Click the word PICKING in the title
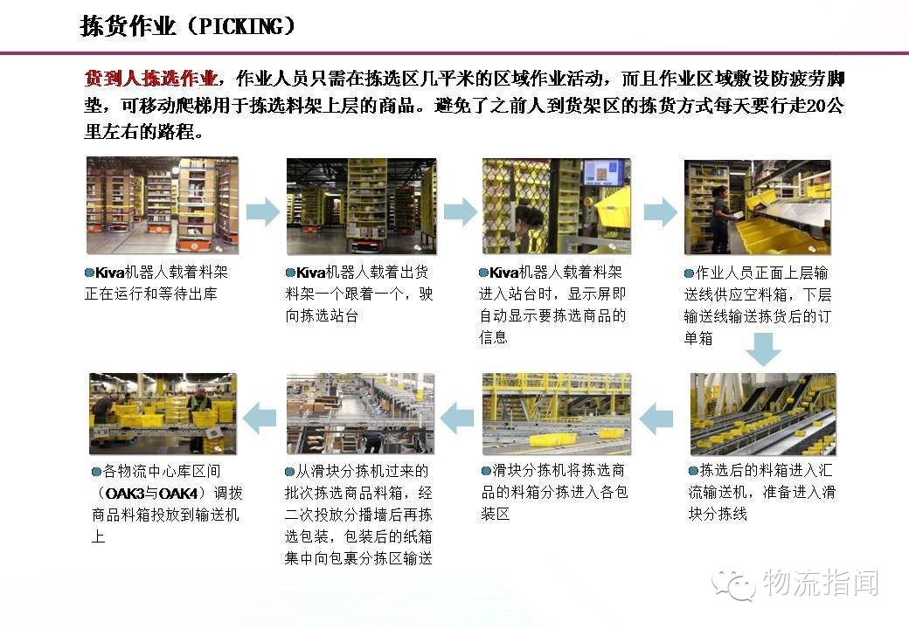click(241, 26)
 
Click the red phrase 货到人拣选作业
click(150, 79)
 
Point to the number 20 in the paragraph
click(816, 106)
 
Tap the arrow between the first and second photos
click(263, 211)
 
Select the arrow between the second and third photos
click(461, 211)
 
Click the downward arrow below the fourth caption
click(763, 349)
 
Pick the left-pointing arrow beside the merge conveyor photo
click(656, 418)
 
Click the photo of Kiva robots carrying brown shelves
click(163, 205)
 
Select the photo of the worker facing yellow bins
click(758, 207)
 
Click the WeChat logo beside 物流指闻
click(734, 584)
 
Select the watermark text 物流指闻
click(821, 583)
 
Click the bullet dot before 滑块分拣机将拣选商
click(486, 471)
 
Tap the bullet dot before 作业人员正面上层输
click(689, 273)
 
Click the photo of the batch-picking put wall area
click(360, 413)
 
